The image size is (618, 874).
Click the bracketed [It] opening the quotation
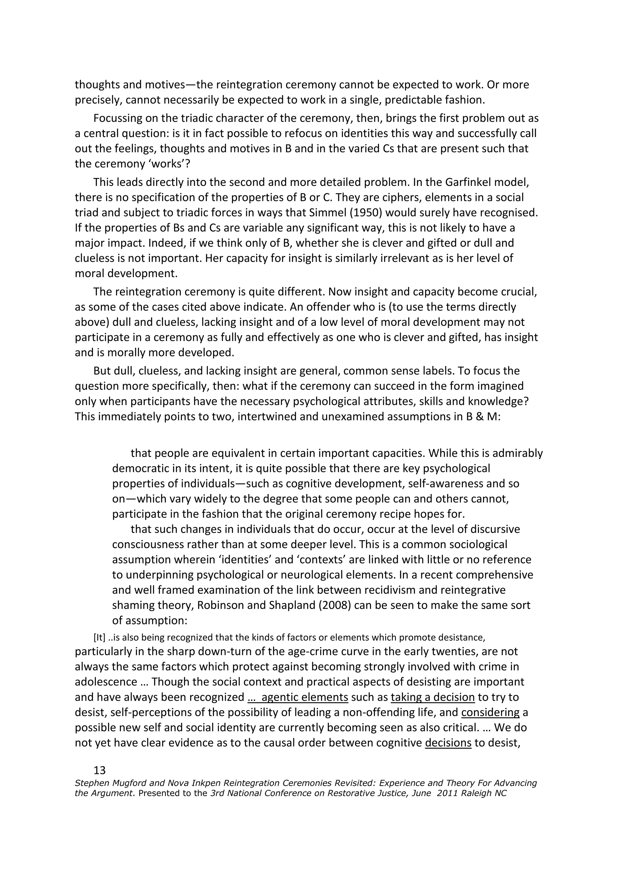[x=99, y=637]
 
